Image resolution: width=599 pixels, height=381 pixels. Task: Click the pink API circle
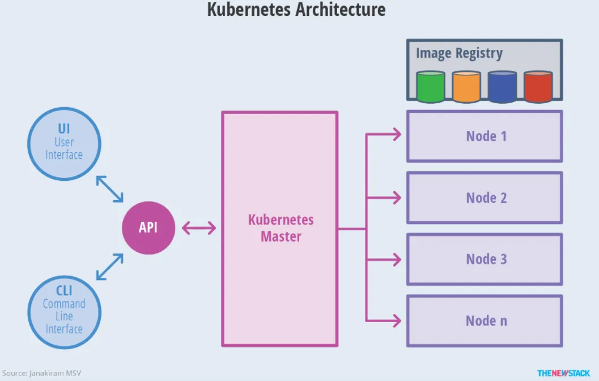[x=148, y=228]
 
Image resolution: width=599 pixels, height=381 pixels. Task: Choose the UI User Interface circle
[x=64, y=143]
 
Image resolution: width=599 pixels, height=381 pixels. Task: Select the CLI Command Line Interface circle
[x=64, y=311]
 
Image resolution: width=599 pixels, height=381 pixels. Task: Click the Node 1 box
[x=485, y=136]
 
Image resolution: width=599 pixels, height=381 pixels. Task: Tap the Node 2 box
[x=485, y=198]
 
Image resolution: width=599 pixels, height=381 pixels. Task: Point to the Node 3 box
[x=485, y=259]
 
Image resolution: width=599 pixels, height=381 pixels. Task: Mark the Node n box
[x=485, y=321]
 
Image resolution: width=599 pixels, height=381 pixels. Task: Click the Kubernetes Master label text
[x=281, y=228]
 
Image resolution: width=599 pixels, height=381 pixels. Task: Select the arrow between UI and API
[x=109, y=189]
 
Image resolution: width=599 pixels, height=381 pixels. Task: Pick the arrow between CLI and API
[x=109, y=266]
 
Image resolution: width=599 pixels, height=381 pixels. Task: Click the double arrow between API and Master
[x=199, y=228]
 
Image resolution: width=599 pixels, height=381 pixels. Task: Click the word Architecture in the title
[x=339, y=10]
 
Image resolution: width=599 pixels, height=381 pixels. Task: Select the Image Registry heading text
[x=459, y=53]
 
